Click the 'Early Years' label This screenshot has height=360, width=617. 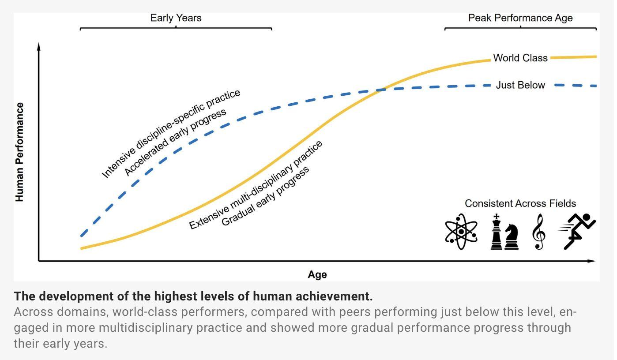pos(176,18)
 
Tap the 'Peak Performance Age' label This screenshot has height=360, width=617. pos(520,18)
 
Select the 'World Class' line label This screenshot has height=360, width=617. pos(520,58)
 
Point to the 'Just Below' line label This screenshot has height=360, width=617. pos(520,85)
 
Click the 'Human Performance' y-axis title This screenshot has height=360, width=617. pos(19,152)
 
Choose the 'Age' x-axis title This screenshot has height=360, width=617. pos(317,275)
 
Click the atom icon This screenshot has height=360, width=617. pos(461,232)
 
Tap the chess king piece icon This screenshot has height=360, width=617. pos(497,232)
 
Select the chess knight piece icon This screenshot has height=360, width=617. pos(512,237)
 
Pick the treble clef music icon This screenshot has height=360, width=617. pos(539,232)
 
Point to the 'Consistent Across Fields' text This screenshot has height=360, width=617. pos(520,203)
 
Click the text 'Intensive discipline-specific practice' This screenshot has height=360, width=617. pos(171,134)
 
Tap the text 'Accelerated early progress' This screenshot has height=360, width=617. pos(175,142)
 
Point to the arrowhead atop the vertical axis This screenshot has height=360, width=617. pos(39,46)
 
